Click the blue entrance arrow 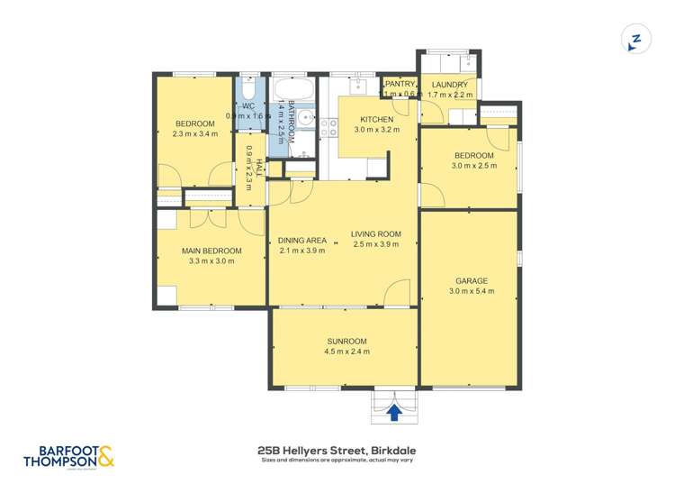point(393,412)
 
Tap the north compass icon point(635,40)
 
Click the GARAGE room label point(471,280)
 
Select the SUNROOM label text point(346,341)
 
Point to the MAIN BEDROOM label point(211,251)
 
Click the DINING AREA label point(301,240)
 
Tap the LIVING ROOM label point(376,234)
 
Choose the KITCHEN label point(376,120)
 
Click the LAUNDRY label point(449,85)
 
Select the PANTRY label point(400,85)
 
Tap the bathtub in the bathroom point(292,90)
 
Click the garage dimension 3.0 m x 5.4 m point(471,291)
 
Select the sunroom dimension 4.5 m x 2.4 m point(346,351)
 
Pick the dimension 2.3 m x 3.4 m point(194,134)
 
